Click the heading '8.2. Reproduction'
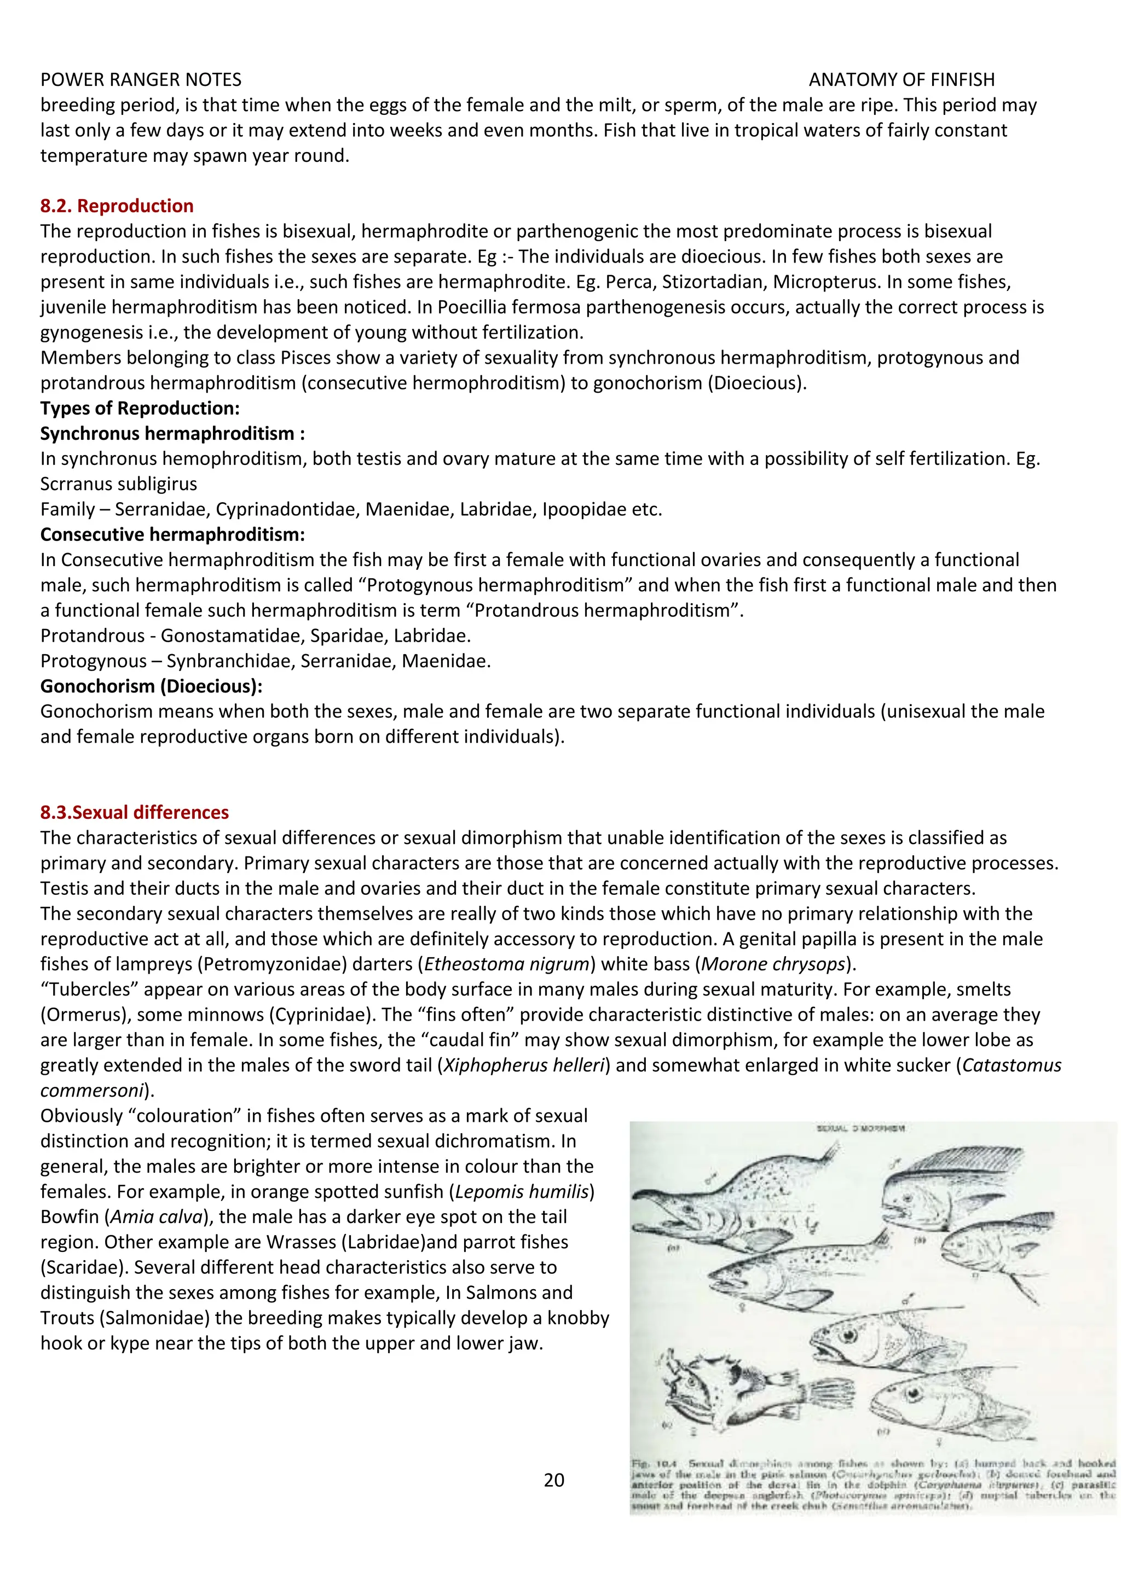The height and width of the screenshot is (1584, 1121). (x=117, y=206)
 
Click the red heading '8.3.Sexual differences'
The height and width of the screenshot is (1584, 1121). (x=134, y=812)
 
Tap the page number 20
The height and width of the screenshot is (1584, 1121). (x=553, y=1480)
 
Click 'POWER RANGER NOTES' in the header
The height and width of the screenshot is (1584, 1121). (x=141, y=79)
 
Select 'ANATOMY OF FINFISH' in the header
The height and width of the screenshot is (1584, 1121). (x=902, y=79)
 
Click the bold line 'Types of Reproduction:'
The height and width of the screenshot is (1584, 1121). (x=140, y=407)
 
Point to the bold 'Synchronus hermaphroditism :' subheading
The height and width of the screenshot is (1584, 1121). (x=172, y=433)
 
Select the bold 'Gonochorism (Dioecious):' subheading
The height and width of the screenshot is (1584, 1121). (x=151, y=686)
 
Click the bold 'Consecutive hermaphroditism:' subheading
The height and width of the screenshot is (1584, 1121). (x=172, y=534)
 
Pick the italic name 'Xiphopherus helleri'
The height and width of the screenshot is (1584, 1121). (x=524, y=1064)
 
